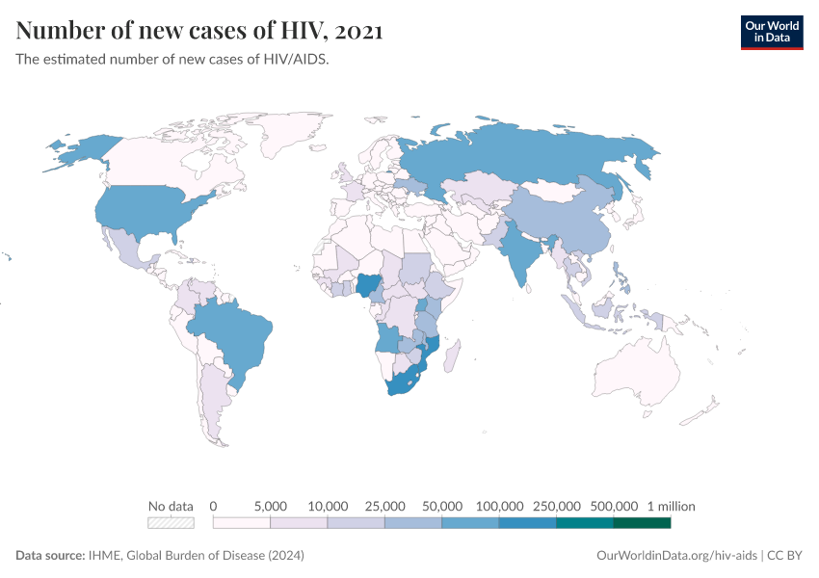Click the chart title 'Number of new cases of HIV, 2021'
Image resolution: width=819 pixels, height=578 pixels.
click(199, 31)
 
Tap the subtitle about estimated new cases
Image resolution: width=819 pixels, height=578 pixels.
click(172, 59)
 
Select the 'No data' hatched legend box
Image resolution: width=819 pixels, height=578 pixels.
click(171, 523)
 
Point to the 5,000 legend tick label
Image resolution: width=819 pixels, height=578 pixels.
click(270, 506)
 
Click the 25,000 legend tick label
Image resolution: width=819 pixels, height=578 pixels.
click(384, 506)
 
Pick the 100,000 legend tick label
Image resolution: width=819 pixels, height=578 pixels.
click(499, 506)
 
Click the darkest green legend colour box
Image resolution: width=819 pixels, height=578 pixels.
click(642, 523)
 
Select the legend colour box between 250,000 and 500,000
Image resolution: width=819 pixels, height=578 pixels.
click(585, 523)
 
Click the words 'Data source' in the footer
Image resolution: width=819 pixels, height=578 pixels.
click(49, 556)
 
